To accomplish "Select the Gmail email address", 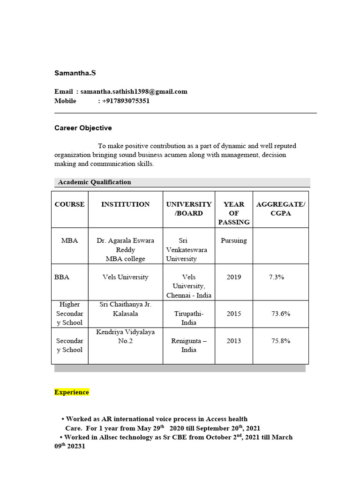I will coord(134,91).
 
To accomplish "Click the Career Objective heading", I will coord(83,127).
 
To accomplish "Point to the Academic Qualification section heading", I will coord(94,182).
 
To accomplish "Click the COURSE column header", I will coord(70,204).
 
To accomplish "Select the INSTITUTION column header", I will coord(125,204).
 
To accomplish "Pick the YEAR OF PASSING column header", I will coord(234,213).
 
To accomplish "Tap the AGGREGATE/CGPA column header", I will coord(280,209).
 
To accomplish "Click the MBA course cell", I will coord(70,240).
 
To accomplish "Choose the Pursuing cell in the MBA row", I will coord(233,240).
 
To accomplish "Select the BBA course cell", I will coord(62,277).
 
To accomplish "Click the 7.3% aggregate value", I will coord(277,277).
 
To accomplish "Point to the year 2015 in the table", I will coord(233,313).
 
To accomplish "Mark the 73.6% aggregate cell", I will coord(280,313).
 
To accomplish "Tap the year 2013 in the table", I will coord(233,341).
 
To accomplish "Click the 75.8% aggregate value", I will coord(280,341).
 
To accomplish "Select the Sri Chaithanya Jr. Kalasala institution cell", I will coord(125,308).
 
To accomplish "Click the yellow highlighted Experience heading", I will coord(72,392).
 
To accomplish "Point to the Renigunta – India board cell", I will coord(189,345).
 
